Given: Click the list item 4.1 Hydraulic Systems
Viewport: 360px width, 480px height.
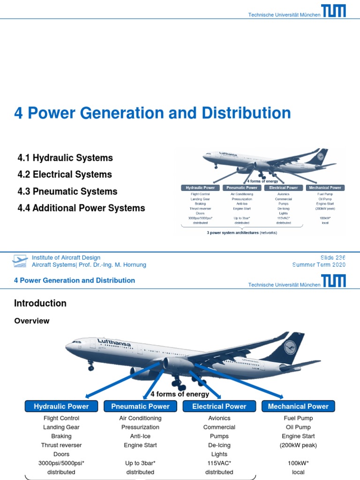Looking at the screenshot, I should (x=65, y=158).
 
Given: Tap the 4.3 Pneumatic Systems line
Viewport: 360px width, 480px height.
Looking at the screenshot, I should (x=67, y=192).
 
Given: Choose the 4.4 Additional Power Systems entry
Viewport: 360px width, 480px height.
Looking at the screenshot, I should (x=81, y=208).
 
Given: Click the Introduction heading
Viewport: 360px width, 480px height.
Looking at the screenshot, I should (x=40, y=303).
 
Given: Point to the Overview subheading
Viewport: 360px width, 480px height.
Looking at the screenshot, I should (x=31, y=321).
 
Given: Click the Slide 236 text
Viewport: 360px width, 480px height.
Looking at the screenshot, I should (x=333, y=257).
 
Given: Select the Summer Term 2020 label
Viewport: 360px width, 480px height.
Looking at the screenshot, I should (x=319, y=265).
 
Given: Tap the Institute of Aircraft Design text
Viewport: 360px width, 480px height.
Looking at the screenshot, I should (x=66, y=257).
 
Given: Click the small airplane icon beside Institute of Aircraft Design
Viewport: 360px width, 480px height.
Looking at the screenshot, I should (x=20, y=261).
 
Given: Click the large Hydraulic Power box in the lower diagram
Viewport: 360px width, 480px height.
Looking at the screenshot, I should (x=61, y=406).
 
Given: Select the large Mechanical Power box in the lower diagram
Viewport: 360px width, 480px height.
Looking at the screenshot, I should (x=298, y=406).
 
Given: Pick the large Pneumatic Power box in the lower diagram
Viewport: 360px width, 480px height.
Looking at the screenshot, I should (x=140, y=406).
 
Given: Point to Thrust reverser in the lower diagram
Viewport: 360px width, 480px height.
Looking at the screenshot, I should (x=61, y=445).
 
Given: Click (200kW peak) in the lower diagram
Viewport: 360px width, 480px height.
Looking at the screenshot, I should (x=298, y=445).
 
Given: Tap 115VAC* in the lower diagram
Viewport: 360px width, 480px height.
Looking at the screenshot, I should (x=219, y=463).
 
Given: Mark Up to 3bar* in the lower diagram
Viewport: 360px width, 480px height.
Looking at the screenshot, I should (x=140, y=463).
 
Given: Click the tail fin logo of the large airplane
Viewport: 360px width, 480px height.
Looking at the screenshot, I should (x=290, y=348).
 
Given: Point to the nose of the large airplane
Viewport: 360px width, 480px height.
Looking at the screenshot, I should (x=68, y=347).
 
